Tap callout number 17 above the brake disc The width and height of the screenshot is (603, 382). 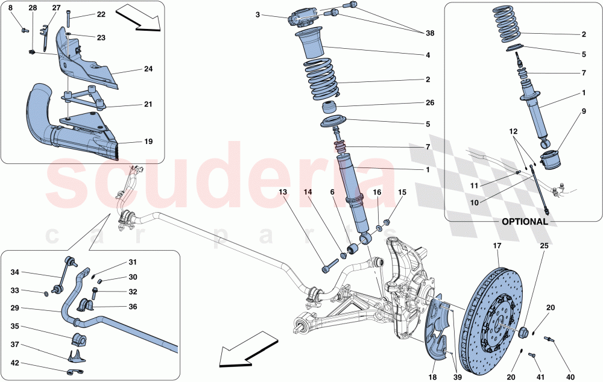[x=497, y=246]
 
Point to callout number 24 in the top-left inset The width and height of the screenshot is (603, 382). [x=148, y=69]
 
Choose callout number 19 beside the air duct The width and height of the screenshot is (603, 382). [x=148, y=142]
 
